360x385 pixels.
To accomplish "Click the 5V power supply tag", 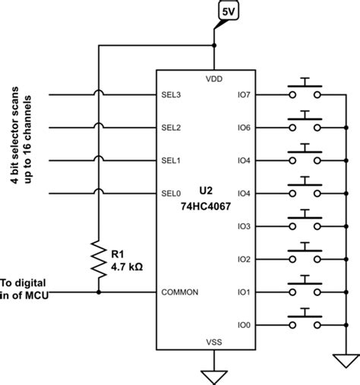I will [x=227, y=12].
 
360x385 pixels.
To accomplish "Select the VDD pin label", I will [x=213, y=79].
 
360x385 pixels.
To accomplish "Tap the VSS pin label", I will [x=213, y=342].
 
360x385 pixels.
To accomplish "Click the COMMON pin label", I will [x=179, y=292].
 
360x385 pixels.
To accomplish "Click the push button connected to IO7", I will [x=305, y=90].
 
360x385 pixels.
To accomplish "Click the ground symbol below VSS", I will [x=213, y=375].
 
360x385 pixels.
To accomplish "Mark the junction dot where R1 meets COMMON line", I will [x=98, y=292].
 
